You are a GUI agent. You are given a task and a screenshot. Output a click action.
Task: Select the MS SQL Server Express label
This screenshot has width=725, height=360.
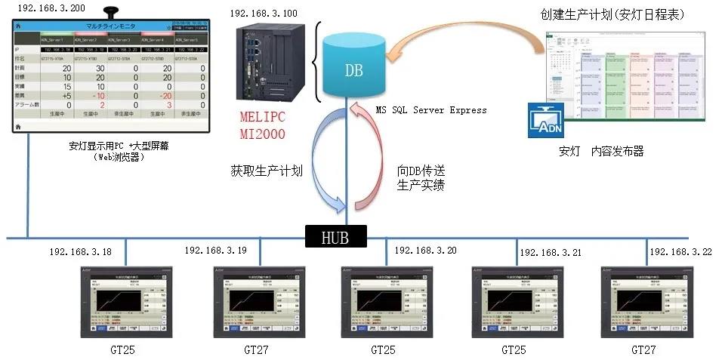[430, 110]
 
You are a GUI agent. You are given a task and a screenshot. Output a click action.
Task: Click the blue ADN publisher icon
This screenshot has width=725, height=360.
[547, 122]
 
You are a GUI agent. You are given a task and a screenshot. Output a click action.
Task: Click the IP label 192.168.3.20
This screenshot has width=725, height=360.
[425, 250]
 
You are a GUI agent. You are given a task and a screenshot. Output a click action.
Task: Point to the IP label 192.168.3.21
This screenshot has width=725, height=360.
[551, 252]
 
